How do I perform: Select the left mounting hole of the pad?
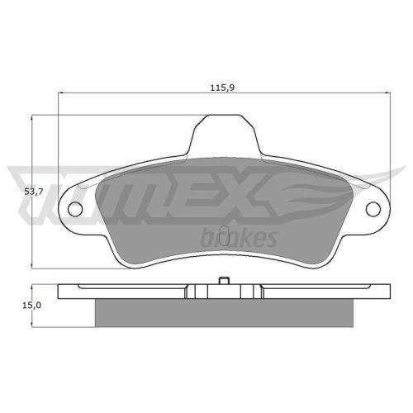(x=75, y=209)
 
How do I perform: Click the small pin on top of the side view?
(x=223, y=282)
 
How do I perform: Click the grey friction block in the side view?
(x=223, y=313)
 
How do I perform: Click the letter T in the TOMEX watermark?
(x=41, y=192)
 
